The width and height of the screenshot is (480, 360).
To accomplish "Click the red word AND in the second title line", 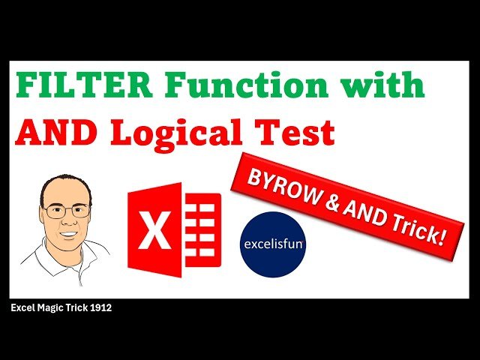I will (x=58, y=133).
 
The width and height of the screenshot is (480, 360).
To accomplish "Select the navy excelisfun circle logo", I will (x=272, y=244).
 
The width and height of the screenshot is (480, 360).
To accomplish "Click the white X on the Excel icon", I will (x=156, y=230).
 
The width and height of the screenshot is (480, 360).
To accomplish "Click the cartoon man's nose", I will (x=67, y=221).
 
